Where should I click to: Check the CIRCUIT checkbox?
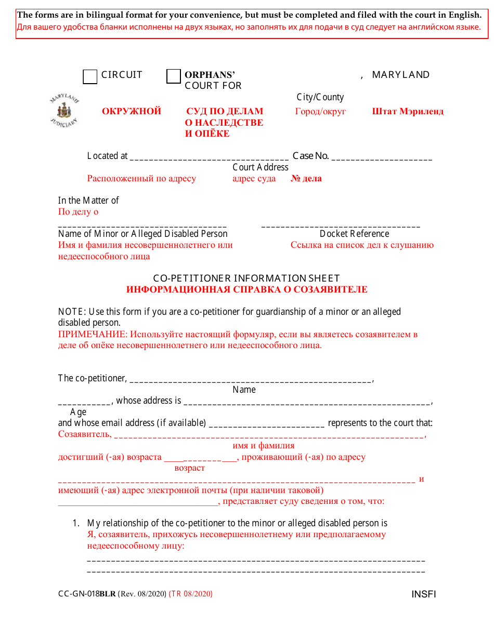click(90, 77)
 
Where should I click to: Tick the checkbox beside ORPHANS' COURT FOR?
click(174, 77)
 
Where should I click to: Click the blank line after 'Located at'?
click(209, 157)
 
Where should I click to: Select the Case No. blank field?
click(382, 157)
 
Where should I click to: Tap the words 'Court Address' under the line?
click(260, 167)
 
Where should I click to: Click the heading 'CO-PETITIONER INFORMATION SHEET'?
click(246, 278)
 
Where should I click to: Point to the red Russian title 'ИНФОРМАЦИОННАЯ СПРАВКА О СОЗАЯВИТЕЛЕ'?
click(246, 289)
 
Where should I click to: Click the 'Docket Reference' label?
click(354, 234)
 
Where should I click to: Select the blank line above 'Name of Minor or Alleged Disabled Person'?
click(142, 226)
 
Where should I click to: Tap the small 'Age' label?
click(79, 412)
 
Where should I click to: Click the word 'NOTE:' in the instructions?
click(72, 312)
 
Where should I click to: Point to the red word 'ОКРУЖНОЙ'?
click(132, 111)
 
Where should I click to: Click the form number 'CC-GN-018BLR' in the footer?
click(87, 594)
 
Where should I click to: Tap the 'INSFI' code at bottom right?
click(424, 594)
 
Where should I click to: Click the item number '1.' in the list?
click(76, 523)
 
